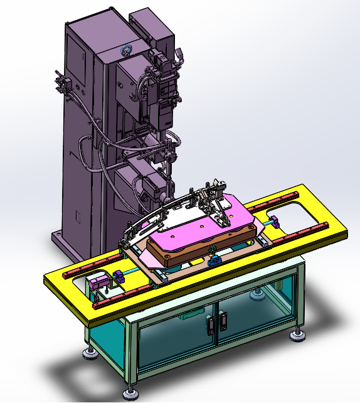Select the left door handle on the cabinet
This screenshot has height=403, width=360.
coord(209,324)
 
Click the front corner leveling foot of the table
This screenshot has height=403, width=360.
coord(131,394)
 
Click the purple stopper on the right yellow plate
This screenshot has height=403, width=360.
coord(275,221)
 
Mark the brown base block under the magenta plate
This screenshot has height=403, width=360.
coord(188,251)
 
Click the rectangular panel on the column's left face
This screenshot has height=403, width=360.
coord(78,217)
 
